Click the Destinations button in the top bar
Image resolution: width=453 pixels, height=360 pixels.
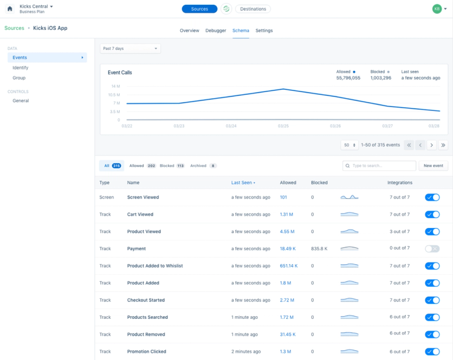253,9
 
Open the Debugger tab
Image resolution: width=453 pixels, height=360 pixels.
216,31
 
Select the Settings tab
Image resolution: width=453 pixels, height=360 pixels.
264,31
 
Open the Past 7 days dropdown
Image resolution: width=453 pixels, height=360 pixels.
130,49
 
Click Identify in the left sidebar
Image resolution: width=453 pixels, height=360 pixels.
20,68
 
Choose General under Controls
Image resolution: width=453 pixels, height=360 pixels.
21,101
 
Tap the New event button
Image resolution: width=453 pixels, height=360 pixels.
433,166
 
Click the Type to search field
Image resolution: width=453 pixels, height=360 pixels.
379,166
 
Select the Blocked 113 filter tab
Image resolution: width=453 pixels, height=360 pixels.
172,166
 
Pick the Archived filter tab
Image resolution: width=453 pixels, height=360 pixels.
203,166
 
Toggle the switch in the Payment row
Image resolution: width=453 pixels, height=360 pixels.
432,248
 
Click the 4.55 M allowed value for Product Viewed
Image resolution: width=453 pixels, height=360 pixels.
287,232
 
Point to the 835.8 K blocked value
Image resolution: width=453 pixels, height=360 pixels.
319,248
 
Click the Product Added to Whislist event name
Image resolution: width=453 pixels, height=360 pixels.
155,266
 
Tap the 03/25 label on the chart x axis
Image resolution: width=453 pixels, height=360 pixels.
283,126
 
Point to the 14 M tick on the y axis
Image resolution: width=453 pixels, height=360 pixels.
115,86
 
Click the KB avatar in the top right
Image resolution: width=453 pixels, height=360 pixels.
437,9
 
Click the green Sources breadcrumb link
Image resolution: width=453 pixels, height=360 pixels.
14,28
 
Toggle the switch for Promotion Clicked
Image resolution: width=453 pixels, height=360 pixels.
432,352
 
